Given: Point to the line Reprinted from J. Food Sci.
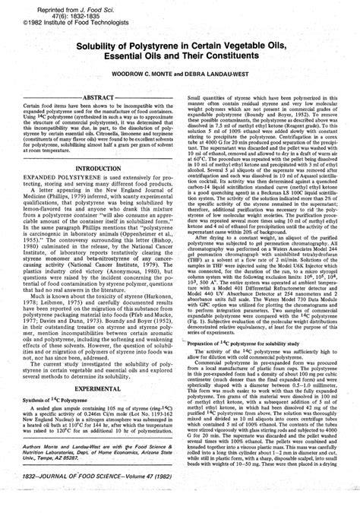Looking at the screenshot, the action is (x=55, y=8).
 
